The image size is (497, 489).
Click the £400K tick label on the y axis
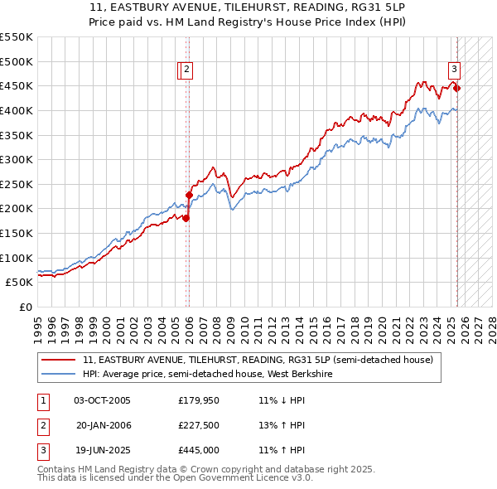[17, 110]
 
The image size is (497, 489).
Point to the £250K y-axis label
[17, 184]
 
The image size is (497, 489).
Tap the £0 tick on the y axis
[27, 307]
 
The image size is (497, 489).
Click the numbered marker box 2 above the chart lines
[187, 70]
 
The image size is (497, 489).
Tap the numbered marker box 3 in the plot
[455, 70]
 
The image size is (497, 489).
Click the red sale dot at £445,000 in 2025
[457, 88]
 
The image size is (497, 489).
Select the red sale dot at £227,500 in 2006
[189, 195]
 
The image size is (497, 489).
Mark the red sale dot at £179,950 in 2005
[186, 218]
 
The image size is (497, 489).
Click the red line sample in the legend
[58, 361]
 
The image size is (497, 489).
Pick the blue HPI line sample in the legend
[58, 375]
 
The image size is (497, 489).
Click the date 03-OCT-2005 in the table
[102, 400]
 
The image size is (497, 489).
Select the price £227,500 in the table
[198, 425]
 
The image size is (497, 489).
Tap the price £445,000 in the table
[198, 450]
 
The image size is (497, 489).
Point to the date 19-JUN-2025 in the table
[102, 450]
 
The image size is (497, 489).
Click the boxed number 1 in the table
[41, 400]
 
